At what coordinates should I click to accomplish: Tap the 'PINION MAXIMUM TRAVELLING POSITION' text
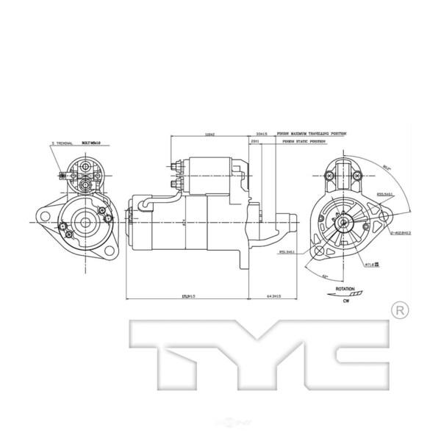click(x=312, y=134)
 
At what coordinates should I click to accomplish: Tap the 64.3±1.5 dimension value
click(x=273, y=297)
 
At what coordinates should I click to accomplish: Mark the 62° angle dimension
click(x=324, y=276)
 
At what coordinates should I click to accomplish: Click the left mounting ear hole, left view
click(x=43, y=218)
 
